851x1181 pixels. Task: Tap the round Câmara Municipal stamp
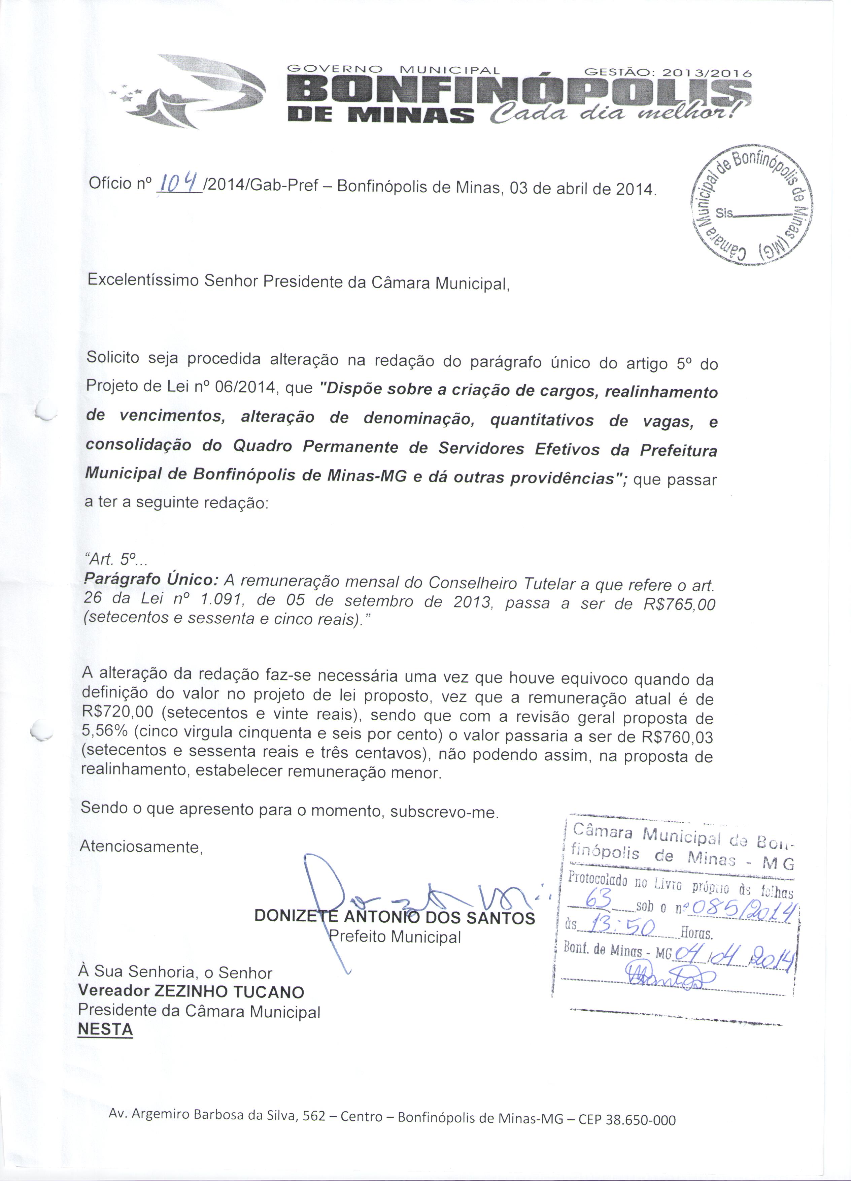[x=751, y=205]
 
